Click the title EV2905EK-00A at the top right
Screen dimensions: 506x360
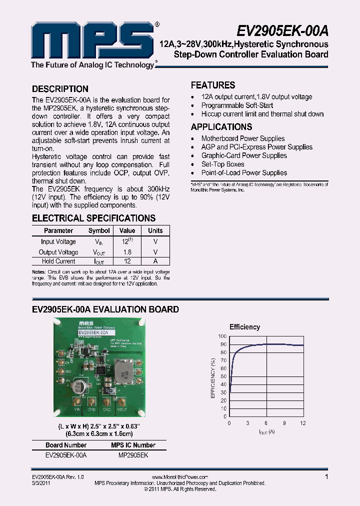point(282,31)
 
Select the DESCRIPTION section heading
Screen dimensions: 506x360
point(60,89)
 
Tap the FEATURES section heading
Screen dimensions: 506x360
point(213,85)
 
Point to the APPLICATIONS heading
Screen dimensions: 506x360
point(221,127)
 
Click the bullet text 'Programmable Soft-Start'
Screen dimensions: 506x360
point(237,105)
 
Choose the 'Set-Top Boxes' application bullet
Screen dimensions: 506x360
point(222,164)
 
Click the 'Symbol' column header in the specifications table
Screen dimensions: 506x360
point(99,230)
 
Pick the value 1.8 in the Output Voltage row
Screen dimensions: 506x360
point(127,252)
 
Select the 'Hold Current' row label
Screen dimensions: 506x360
point(58,261)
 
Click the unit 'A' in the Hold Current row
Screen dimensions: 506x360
point(155,261)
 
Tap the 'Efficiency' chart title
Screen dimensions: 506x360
point(244,327)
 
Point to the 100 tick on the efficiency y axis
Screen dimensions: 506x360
point(222,336)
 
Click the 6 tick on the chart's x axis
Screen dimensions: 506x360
point(266,423)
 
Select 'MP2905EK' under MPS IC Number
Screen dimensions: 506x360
point(133,455)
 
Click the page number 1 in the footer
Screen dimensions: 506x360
point(326,477)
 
